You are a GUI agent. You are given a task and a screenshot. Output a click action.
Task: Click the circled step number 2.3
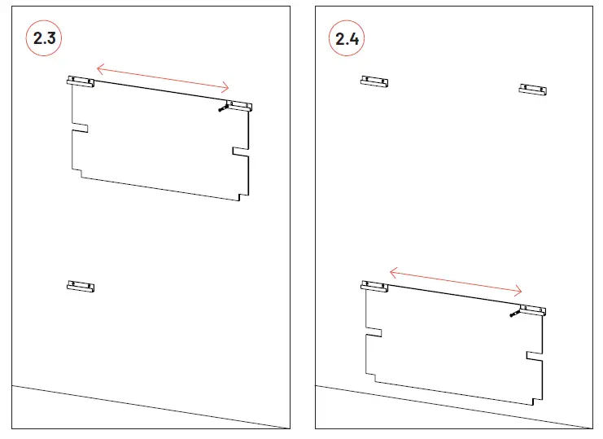pos(45,38)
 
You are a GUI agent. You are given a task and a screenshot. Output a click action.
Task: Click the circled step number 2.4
pos(347,38)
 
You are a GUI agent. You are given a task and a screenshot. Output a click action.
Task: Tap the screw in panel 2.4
pos(513,313)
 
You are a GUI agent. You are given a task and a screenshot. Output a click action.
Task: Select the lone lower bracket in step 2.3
pos(81,286)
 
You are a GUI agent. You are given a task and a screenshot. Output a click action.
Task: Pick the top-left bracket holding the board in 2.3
pos(81,81)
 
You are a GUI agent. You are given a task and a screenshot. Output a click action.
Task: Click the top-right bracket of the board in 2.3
pos(239,105)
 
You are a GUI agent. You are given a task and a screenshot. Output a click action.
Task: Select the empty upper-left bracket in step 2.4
pos(374,81)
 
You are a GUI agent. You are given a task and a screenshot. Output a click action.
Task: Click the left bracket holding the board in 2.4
pos(374,285)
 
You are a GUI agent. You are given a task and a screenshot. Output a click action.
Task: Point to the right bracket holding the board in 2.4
pos(533,310)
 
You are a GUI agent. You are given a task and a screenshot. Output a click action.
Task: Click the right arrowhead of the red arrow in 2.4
pos(521,292)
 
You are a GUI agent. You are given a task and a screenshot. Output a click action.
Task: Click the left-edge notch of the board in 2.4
pos(374,331)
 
